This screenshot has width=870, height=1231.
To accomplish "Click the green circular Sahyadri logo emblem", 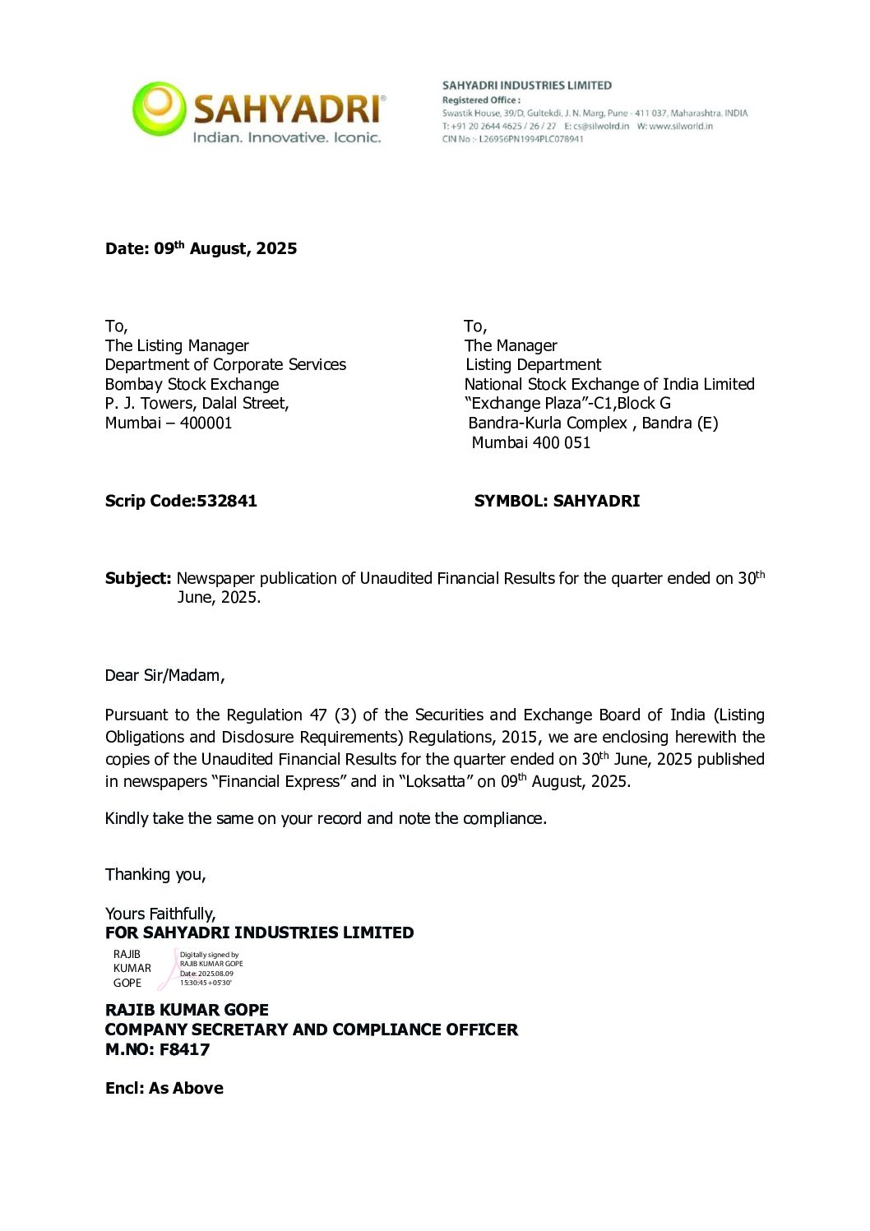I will click(160, 108).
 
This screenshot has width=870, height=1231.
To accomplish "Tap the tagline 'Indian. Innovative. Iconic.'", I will click(287, 137).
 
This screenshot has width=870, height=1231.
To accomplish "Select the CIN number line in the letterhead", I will click(512, 139).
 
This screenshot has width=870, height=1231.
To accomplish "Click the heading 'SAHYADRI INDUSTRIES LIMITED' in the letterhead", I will click(526, 86).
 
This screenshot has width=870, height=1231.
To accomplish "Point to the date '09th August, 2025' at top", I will click(225, 248).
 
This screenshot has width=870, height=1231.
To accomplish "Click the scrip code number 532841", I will click(226, 501).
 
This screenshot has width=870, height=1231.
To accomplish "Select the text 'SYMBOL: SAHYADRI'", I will click(557, 501).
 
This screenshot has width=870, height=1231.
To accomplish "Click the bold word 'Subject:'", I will click(137, 578).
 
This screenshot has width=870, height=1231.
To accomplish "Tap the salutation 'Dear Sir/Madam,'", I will click(164, 675).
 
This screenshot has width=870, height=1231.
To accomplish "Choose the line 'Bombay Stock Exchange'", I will click(192, 384).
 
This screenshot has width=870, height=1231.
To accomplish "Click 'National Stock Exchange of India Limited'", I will click(609, 384).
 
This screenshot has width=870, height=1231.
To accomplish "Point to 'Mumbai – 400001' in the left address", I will click(169, 423).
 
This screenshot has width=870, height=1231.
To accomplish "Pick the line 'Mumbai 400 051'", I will click(530, 442).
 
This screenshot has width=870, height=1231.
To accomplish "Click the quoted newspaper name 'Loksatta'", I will click(436, 781).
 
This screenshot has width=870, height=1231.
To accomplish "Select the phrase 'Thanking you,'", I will click(155, 874).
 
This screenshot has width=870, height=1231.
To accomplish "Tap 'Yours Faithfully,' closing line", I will click(160, 914).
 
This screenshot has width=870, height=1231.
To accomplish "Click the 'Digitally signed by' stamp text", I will click(209, 955).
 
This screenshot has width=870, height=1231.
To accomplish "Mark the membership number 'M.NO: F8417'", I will click(157, 1049).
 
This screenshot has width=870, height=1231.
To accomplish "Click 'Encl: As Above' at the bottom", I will click(164, 1088).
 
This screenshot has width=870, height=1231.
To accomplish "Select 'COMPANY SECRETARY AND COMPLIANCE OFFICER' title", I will click(312, 1030).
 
